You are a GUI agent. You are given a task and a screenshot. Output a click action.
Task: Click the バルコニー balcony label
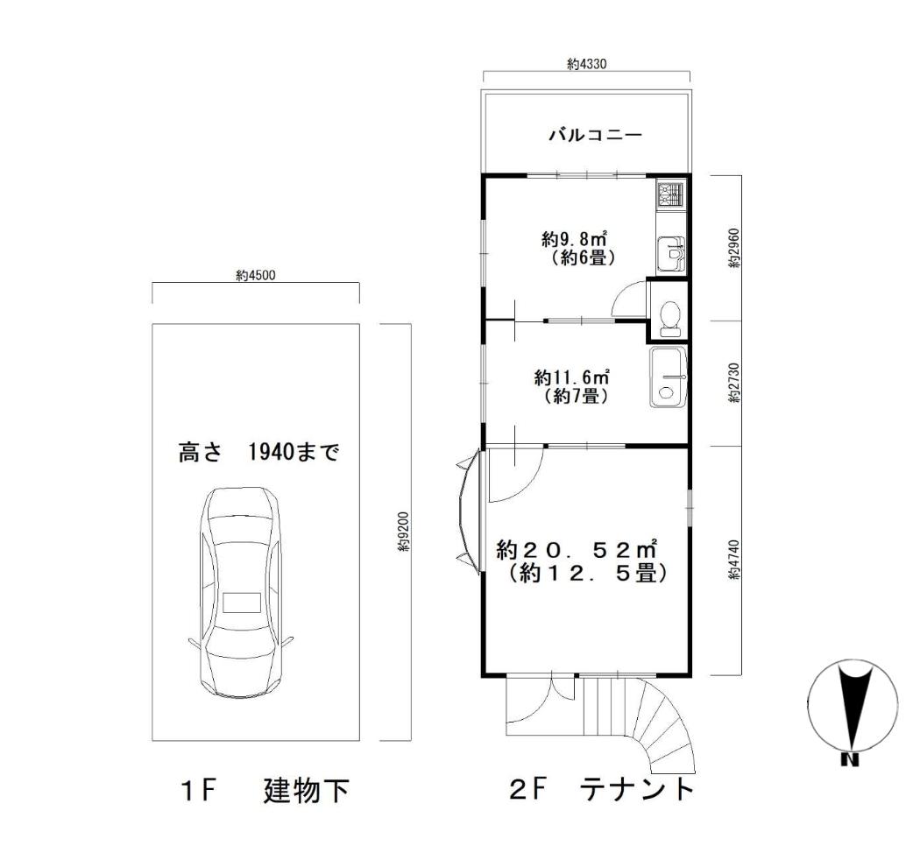pos(596,136)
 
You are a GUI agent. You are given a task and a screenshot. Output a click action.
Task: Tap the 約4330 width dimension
pos(587,64)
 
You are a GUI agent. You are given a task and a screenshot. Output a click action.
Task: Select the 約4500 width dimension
pos(255,276)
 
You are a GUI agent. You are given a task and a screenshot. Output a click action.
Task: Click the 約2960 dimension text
pos(735,247)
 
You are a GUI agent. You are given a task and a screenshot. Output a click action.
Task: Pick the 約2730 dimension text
pos(735,383)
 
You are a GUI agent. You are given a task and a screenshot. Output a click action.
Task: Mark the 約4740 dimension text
pos(735,560)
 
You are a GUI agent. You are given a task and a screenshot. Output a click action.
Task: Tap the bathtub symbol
pos(669,377)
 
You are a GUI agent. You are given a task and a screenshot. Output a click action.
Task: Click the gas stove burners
pos(670,194)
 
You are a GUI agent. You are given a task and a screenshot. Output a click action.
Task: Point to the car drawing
pos(241,592)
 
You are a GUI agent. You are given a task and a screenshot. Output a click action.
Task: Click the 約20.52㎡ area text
pos(577,549)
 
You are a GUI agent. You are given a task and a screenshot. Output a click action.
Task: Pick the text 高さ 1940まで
pos(258,452)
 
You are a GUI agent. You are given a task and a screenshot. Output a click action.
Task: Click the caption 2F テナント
pos(602,789)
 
